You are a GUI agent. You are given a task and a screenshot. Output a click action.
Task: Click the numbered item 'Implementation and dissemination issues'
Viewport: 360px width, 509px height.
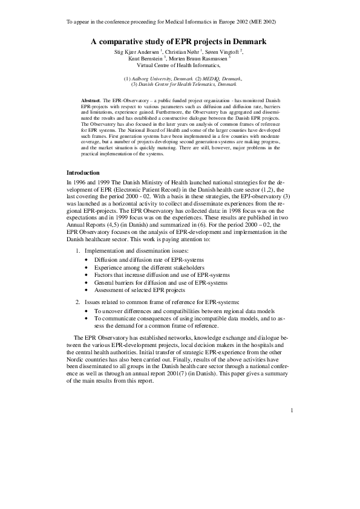coord(137,250)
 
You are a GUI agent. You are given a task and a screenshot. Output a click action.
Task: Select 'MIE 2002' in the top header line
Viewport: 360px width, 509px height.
coord(262,22)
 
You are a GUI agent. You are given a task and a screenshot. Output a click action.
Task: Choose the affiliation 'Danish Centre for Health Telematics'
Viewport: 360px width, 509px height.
coord(182,85)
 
